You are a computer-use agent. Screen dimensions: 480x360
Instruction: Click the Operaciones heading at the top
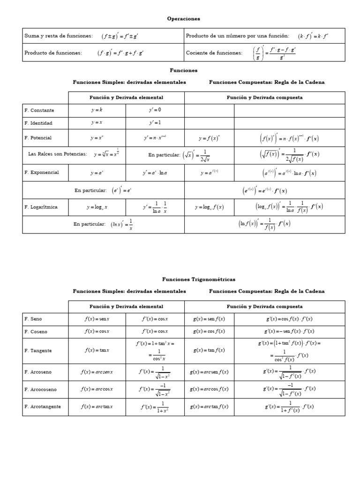click(183, 19)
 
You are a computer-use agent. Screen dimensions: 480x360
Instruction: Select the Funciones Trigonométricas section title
click(199, 279)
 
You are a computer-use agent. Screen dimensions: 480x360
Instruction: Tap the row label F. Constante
click(39, 110)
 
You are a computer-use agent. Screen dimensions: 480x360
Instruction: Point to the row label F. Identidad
click(38, 123)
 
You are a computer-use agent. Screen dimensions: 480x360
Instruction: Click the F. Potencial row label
click(38, 138)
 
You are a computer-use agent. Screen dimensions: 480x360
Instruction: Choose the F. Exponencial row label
click(42, 172)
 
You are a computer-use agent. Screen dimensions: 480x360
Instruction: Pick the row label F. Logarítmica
click(41, 207)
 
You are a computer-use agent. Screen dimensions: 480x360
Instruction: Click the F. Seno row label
click(33, 319)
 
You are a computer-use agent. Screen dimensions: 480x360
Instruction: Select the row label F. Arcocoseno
click(41, 389)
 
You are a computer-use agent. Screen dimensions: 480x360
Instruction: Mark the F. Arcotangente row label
click(43, 406)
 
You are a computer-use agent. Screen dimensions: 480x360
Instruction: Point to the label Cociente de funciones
click(214, 53)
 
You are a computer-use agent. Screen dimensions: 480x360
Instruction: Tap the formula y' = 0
click(155, 110)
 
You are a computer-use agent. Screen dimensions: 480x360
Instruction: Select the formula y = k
click(97, 110)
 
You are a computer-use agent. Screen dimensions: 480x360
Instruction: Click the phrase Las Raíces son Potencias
click(58, 154)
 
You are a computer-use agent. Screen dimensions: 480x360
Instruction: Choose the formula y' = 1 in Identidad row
click(155, 123)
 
